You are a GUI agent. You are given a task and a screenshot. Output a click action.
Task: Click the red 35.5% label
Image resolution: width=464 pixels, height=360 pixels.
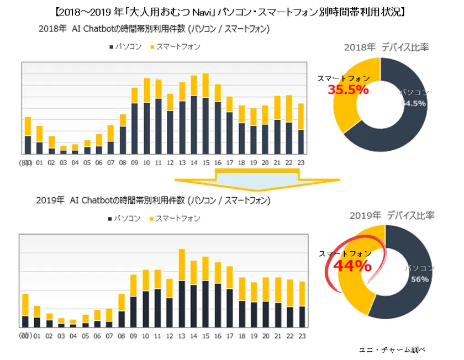[x=348, y=89]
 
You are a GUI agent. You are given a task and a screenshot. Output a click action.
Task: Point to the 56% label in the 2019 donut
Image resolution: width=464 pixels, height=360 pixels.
[x=419, y=279]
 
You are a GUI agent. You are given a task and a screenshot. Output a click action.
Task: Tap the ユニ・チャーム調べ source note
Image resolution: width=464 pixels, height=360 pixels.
[x=392, y=350]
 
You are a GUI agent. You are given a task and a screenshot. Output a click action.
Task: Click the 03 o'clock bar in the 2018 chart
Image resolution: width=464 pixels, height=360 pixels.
[x=63, y=149]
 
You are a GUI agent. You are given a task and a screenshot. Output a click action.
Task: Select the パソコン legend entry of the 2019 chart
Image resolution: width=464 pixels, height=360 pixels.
[x=124, y=219]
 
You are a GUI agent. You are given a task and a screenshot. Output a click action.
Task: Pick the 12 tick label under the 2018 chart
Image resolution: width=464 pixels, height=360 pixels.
[x=170, y=162]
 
